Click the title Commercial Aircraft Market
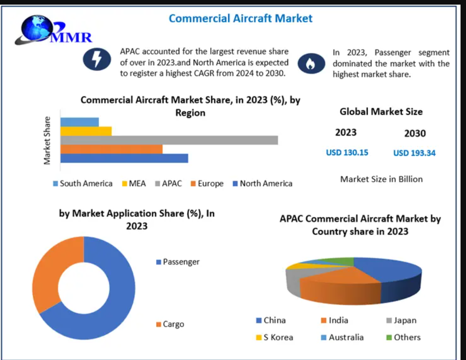240,19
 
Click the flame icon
311,64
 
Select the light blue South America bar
79,122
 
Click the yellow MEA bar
86,131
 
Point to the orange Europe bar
111,149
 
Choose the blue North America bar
124,158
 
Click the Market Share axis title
47,140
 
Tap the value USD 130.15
347,152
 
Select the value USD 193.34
414,153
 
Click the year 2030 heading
415,134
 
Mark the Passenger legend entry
178,262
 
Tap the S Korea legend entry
275,337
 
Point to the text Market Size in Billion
381,179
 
